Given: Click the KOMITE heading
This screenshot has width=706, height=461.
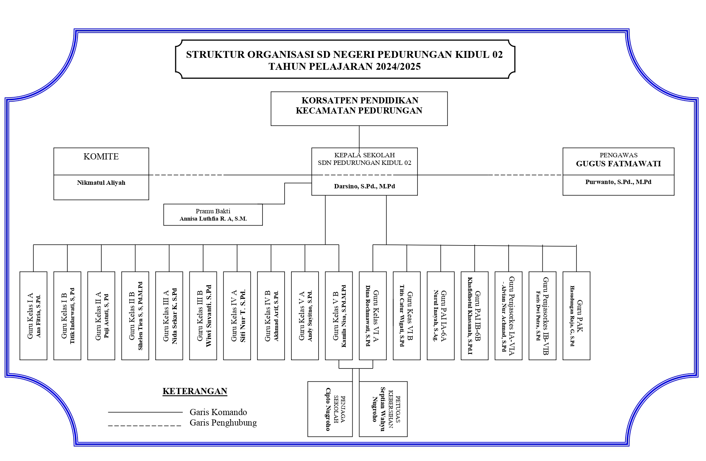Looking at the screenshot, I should pyautogui.click(x=101, y=157).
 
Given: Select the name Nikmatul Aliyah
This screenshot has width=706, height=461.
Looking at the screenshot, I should pyautogui.click(x=101, y=183).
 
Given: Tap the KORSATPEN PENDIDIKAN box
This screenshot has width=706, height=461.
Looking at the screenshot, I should pyautogui.click(x=359, y=108).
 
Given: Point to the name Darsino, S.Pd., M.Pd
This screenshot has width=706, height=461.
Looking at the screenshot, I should pyautogui.click(x=364, y=186).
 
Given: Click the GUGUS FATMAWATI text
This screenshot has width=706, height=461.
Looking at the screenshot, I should pyautogui.click(x=618, y=164).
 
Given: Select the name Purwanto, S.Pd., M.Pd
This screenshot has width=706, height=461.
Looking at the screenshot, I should pyautogui.click(x=618, y=182).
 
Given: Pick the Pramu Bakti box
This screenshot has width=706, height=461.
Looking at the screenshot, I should pyautogui.click(x=213, y=215).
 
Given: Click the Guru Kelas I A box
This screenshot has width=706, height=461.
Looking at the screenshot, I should pyautogui.click(x=33, y=316).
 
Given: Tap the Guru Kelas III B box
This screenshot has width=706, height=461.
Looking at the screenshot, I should pyautogui.click(x=203, y=316).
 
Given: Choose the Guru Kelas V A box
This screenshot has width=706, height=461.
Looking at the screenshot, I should pyautogui.click(x=305, y=316).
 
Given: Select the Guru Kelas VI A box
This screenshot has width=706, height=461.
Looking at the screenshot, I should pyautogui.click(x=373, y=316).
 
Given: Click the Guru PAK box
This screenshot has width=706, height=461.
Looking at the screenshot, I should pyautogui.click(x=576, y=316).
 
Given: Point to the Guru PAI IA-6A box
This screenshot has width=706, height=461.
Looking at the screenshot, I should pyautogui.click(x=441, y=316).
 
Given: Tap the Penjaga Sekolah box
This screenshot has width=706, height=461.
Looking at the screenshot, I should pyautogui.click(x=330, y=409).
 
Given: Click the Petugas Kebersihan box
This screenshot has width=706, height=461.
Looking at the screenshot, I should pyautogui.click(x=383, y=409).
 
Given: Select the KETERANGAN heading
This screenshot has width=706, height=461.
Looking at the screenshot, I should pyautogui.click(x=195, y=391).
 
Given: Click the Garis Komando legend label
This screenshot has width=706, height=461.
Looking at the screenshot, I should pyautogui.click(x=218, y=412).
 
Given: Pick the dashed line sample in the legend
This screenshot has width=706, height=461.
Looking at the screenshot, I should pyautogui.click(x=144, y=426).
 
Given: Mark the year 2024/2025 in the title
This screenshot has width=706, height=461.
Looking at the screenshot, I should pyautogui.click(x=398, y=67).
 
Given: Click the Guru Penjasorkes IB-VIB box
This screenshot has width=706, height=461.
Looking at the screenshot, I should pyautogui.click(x=542, y=316).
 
